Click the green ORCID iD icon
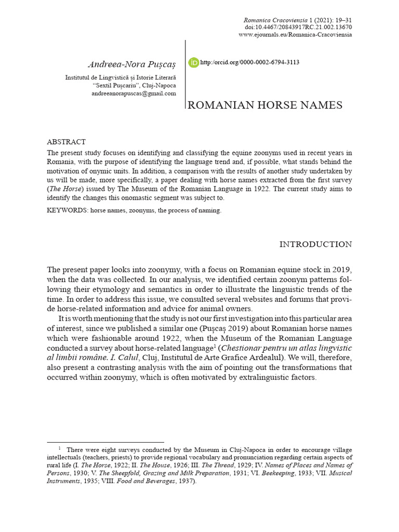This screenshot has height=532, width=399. (x=193, y=63)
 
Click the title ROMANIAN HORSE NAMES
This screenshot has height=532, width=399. (x=264, y=105)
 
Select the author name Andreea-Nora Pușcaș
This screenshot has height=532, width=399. (x=132, y=64)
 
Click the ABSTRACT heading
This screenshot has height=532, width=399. (x=66, y=142)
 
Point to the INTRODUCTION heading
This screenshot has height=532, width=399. (x=315, y=244)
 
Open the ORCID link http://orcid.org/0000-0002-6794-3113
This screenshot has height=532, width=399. (x=249, y=63)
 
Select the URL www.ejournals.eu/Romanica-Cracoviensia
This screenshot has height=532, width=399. (x=295, y=35)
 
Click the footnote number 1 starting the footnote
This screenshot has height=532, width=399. (x=60, y=448)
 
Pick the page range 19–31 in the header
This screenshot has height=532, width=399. (x=340, y=19)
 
